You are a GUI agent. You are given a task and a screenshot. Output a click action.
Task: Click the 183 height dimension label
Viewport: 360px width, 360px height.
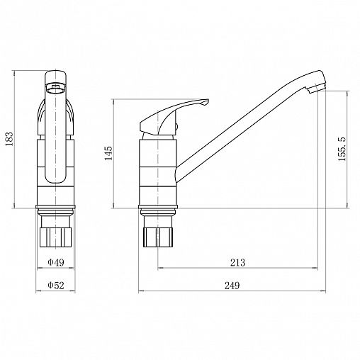click(x=9, y=139)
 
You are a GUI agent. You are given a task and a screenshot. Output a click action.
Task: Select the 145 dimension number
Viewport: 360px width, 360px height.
click(x=108, y=154)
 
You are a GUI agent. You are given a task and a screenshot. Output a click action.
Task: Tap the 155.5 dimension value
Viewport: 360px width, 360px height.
click(x=342, y=149)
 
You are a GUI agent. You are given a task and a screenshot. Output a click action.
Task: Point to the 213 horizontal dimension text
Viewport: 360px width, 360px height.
click(x=237, y=262)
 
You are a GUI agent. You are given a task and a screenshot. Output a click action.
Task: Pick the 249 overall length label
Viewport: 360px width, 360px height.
click(x=232, y=286)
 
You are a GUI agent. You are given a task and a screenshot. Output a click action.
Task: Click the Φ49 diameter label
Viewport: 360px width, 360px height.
click(x=56, y=262)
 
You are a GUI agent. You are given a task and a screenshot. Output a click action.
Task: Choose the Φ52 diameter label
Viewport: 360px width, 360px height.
click(x=56, y=285)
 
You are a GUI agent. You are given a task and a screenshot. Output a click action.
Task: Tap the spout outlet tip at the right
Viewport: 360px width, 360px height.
click(x=317, y=87)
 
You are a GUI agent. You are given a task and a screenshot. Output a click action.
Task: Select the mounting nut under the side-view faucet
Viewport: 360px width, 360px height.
click(x=158, y=237)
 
